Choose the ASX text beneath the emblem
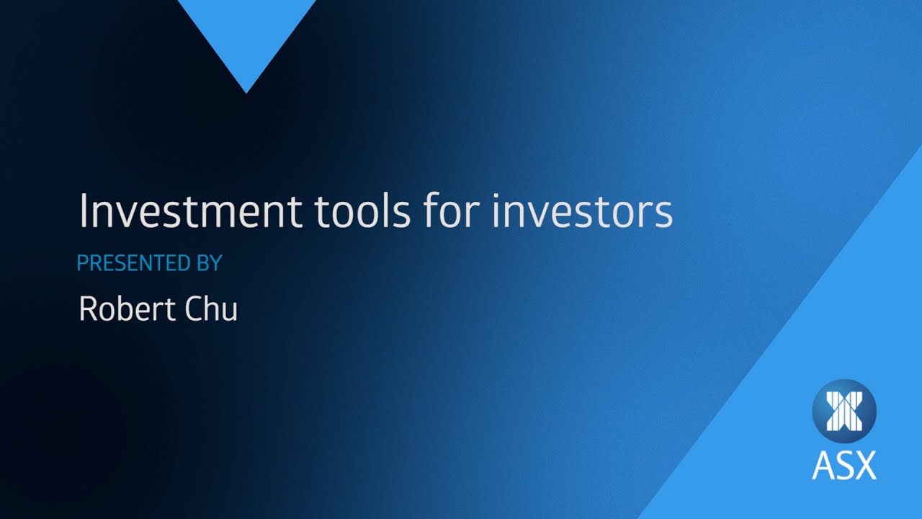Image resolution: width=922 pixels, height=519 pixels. coord(843,466)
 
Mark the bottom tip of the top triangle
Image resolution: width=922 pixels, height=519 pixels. coord(246,91)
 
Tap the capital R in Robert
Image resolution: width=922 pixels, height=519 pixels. coord(87,309)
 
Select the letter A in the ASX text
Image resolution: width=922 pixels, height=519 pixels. coord(823,466)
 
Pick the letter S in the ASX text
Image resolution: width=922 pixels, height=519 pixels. coord(843,466)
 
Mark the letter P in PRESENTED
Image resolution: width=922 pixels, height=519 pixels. coord(81,264)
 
